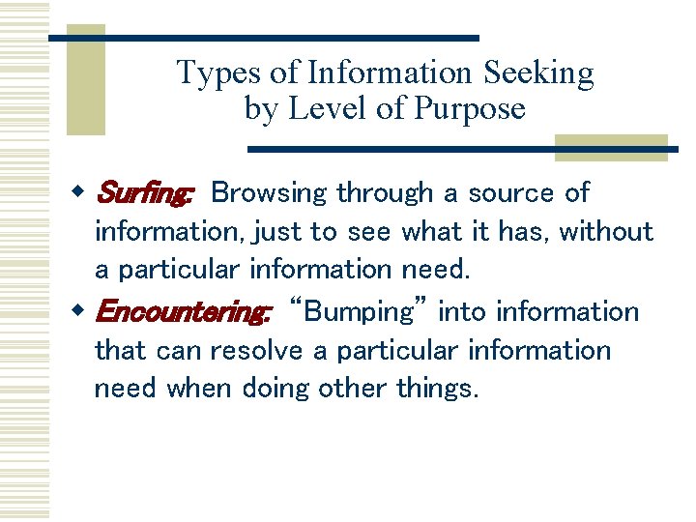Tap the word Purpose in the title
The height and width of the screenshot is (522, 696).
(470, 108)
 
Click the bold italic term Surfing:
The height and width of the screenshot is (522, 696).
(144, 193)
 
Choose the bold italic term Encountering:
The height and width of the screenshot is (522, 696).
(183, 312)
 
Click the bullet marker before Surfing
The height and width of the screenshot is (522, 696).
(80, 192)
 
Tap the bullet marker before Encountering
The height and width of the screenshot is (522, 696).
(80, 311)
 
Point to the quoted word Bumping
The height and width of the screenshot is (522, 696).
(358, 312)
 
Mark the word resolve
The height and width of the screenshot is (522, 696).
(256, 351)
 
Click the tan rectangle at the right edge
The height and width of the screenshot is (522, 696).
(611, 147)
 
